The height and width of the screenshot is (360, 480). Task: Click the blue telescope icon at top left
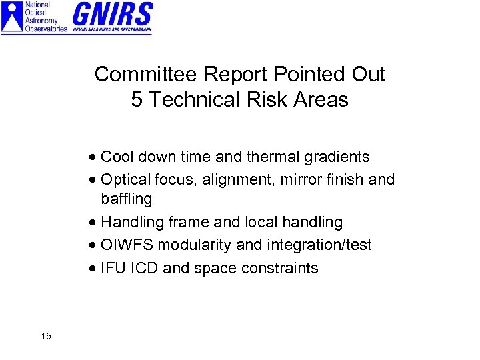point(12,17)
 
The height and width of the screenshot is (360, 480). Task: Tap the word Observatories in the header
point(46,29)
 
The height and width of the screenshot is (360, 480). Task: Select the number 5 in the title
point(137,100)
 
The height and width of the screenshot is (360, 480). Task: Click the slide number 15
point(45,336)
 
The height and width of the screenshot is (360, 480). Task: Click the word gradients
point(337,157)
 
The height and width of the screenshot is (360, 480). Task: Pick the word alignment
point(235,179)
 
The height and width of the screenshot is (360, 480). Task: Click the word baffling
point(127,199)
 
